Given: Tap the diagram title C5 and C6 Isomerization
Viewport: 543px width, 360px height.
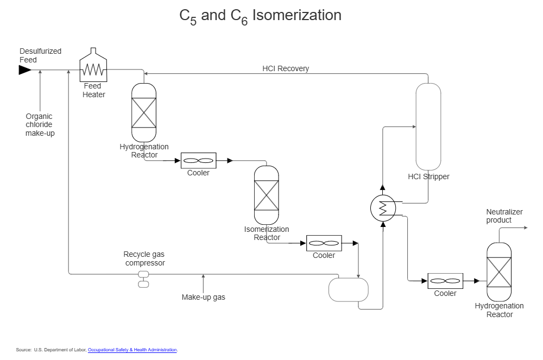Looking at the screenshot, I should click(x=260, y=16).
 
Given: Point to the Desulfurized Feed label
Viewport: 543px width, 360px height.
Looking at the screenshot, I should click(x=40, y=55).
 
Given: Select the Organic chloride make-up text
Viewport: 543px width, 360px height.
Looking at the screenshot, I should click(x=40, y=124).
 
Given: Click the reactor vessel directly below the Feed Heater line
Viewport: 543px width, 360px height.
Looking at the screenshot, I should click(x=144, y=112).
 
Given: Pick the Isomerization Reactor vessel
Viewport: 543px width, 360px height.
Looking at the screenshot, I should click(x=266, y=195).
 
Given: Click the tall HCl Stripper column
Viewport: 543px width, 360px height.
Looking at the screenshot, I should click(x=428, y=126).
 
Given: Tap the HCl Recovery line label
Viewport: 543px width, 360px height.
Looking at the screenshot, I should click(x=286, y=68).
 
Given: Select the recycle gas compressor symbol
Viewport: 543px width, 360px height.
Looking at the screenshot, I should click(x=143, y=279).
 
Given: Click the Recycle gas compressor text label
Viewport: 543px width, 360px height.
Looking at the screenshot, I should click(x=144, y=258).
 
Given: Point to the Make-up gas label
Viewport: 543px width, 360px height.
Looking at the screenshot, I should click(x=203, y=297).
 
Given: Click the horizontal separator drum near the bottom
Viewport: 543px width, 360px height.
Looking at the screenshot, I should click(x=348, y=289).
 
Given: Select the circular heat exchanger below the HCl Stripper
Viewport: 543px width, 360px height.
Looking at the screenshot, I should click(x=383, y=207).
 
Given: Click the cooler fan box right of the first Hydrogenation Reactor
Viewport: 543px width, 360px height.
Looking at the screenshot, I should click(x=198, y=161).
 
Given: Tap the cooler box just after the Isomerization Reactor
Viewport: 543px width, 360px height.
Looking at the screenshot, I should click(x=324, y=243).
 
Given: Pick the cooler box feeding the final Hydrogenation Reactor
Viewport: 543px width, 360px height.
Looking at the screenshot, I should click(x=445, y=281).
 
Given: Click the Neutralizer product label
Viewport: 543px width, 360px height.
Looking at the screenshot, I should click(x=503, y=216).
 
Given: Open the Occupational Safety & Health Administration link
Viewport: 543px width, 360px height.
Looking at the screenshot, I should click(x=132, y=350).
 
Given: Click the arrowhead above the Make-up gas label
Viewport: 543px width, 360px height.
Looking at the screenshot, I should click(x=203, y=277).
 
